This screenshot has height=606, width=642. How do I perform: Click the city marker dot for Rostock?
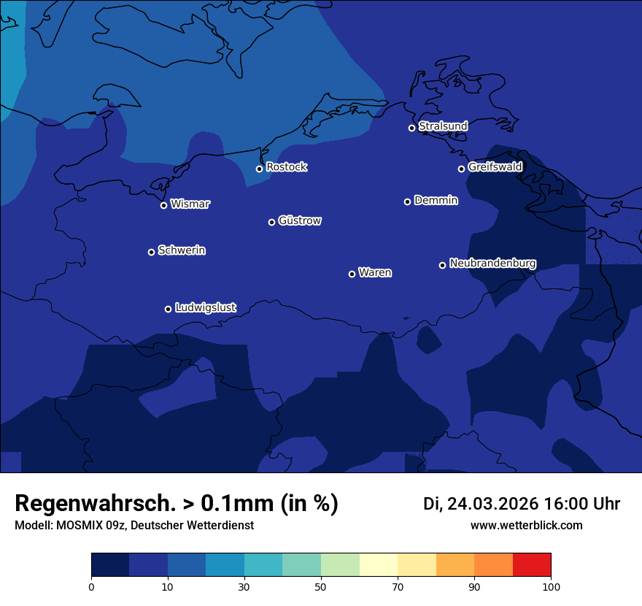pyautogui.click(x=259, y=169)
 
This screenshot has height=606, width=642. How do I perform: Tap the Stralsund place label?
pyautogui.click(x=443, y=126)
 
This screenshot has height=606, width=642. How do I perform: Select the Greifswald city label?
pyautogui.click(x=495, y=167)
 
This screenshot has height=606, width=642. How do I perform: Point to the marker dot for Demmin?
pyautogui.click(x=407, y=202)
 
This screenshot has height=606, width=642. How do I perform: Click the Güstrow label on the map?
pyautogui.click(x=300, y=220)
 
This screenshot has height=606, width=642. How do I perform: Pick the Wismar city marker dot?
pyautogui.click(x=163, y=205)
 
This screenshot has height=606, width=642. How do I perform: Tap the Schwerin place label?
pyautogui.click(x=182, y=250)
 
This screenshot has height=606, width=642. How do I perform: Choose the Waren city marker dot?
pyautogui.click(x=352, y=274)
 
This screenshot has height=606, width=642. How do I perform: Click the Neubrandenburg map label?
pyautogui.click(x=492, y=264)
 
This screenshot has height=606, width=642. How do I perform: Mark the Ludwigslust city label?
pyautogui.click(x=206, y=308)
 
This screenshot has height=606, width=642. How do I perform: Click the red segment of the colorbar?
pyautogui.click(x=532, y=565)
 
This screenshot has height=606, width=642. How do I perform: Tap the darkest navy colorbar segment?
pyautogui.click(x=110, y=565)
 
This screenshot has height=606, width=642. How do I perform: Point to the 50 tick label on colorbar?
pyautogui.click(x=321, y=587)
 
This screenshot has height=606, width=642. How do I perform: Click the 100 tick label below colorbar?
pyautogui.click(x=551, y=587)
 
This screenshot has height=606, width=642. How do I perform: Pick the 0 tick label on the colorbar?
pyautogui.click(x=91, y=587)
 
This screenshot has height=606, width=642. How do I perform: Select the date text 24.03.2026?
pyautogui.click(x=492, y=504)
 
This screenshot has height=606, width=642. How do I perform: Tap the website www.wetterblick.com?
pyautogui.click(x=526, y=526)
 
